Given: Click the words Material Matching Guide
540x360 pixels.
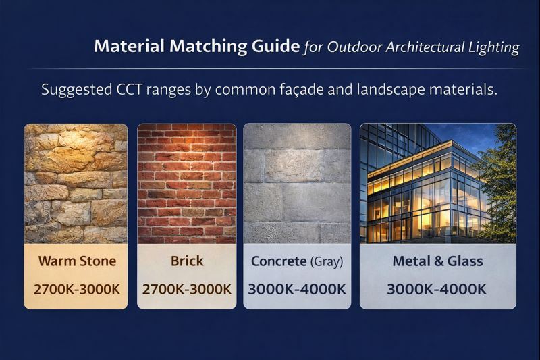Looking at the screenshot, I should (x=196, y=47).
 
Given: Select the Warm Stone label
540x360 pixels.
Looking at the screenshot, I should (x=76, y=261).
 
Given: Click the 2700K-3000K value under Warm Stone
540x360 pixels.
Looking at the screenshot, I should (x=76, y=289).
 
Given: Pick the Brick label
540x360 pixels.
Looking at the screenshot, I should (x=187, y=261).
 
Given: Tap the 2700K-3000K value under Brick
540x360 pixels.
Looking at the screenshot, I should (x=187, y=289).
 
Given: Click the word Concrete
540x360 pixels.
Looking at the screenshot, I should (x=278, y=261).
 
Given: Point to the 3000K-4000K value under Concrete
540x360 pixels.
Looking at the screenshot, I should (x=297, y=289).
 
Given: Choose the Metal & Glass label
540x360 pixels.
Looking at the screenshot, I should (x=437, y=261).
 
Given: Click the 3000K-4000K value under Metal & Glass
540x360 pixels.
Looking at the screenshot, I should (x=437, y=289).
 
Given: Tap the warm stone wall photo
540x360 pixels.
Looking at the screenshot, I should (x=76, y=182).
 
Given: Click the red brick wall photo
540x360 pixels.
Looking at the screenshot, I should (x=187, y=182).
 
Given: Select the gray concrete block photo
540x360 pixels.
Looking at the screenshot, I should (x=297, y=182).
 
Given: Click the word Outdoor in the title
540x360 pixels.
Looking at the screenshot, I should (x=351, y=47).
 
